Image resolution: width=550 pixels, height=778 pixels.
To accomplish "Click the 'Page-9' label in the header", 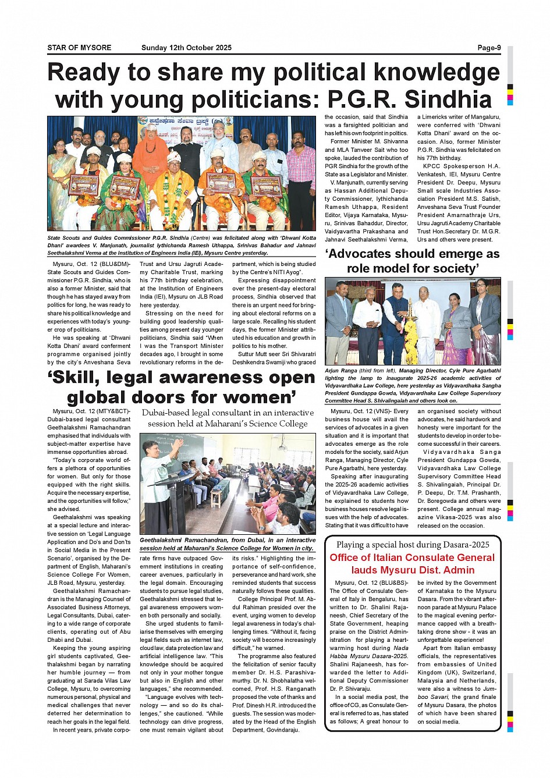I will pyautogui.click(x=489, y=48).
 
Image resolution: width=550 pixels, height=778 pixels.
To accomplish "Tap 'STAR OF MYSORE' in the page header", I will pyautogui.click(x=79, y=48).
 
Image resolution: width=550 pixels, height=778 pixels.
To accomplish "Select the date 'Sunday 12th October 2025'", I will pyautogui.click(x=186, y=48).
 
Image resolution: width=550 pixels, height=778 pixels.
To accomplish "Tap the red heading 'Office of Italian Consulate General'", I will pyautogui.click(x=412, y=557).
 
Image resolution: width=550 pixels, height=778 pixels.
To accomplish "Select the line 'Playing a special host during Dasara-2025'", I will pyautogui.click(x=413, y=545).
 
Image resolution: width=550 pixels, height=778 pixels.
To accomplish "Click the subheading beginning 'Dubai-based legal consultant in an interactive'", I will pyautogui.click(x=227, y=418).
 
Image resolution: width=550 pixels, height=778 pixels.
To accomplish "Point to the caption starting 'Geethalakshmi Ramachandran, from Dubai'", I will pyautogui.click(x=228, y=544).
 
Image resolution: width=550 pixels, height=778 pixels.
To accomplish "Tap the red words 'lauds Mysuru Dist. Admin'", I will pyautogui.click(x=412, y=570).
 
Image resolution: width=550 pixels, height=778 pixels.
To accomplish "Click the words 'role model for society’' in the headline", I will pyautogui.click(x=413, y=269).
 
